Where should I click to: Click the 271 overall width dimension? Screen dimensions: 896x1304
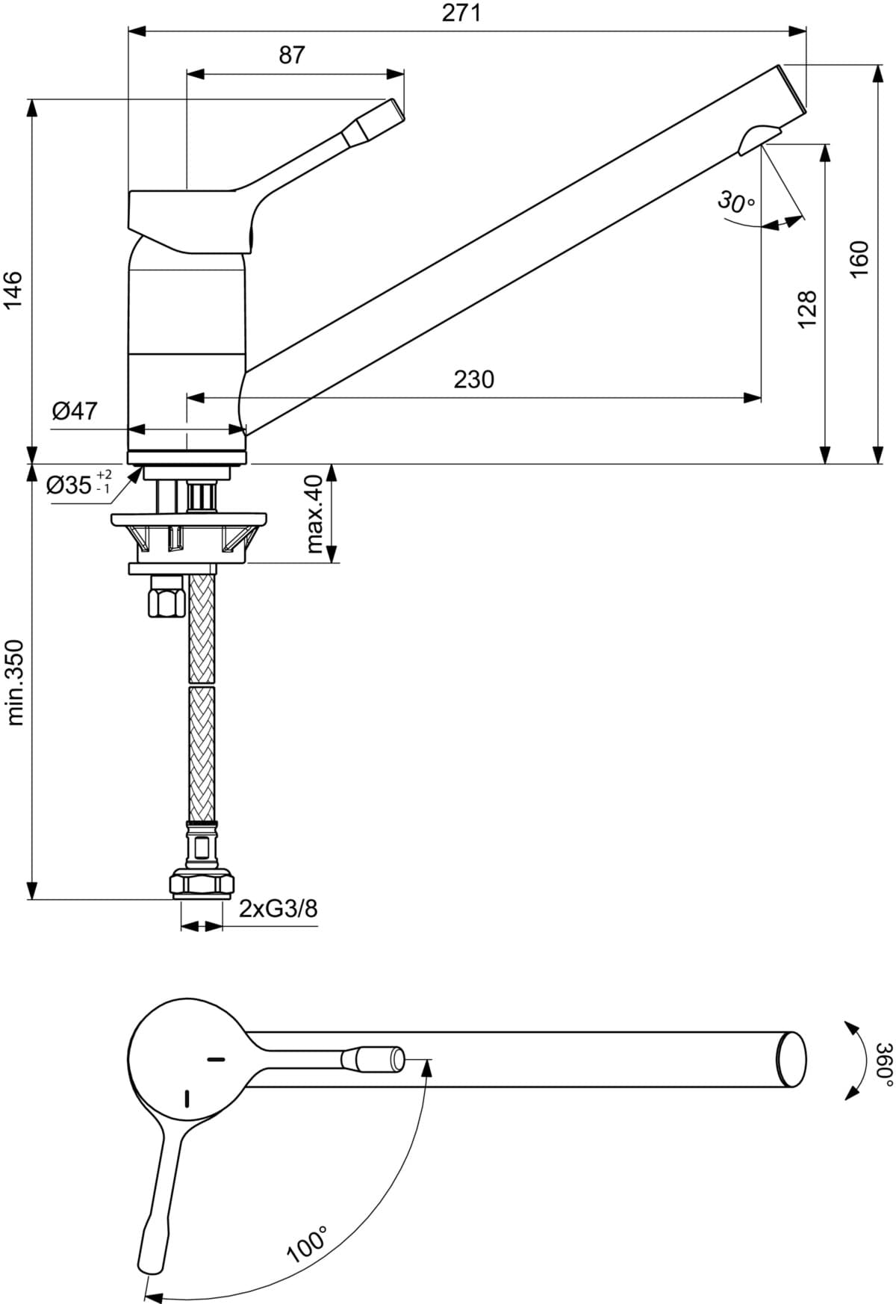461,13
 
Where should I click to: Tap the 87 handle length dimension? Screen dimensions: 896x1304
292,55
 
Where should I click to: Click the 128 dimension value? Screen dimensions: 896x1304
808,309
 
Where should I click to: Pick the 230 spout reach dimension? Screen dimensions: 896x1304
474,379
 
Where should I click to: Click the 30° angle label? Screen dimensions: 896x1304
737,202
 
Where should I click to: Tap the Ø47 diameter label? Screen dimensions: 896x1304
75,410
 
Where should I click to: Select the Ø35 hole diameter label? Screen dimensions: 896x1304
79,484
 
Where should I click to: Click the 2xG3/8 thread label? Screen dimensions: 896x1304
279,908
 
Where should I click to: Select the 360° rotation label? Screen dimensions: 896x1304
885,1060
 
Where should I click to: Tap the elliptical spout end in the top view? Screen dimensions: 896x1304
791,1059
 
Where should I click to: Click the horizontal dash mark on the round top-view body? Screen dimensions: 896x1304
216,1059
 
